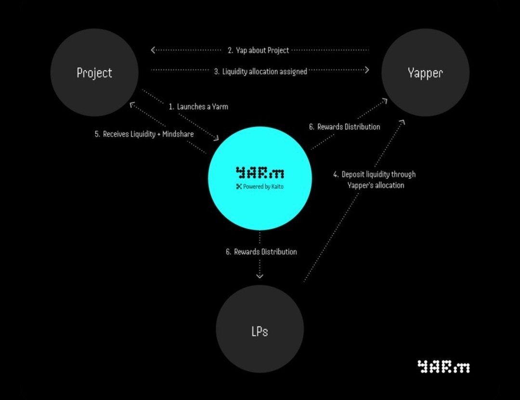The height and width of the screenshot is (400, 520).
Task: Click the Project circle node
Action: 94,73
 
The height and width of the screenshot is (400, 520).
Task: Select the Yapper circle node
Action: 425,73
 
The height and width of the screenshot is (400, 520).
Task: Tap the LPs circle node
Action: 260,331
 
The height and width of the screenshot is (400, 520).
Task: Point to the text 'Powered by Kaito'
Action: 263,187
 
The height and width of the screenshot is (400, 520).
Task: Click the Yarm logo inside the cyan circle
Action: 260,173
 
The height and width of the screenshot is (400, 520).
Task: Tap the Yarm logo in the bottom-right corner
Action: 443,367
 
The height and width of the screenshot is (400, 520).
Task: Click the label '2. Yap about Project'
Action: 259,50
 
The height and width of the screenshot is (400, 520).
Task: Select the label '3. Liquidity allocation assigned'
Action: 260,71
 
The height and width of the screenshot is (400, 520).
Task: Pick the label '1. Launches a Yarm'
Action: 198,107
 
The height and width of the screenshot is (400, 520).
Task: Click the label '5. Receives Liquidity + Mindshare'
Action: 144,134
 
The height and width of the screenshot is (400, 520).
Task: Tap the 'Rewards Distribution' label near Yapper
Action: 344,127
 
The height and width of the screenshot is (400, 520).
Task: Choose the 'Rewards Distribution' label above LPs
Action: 261,251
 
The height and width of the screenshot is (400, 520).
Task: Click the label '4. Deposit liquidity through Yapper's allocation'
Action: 375,180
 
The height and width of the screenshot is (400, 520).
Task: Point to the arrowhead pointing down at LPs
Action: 260,275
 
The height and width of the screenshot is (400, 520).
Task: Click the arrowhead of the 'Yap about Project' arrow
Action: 153,50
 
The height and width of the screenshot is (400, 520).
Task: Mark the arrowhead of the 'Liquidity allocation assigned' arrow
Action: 366,70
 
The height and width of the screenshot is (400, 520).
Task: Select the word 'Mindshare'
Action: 178,134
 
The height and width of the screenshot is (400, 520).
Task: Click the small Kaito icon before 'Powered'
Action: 238,187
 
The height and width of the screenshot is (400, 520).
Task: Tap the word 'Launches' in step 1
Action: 191,107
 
